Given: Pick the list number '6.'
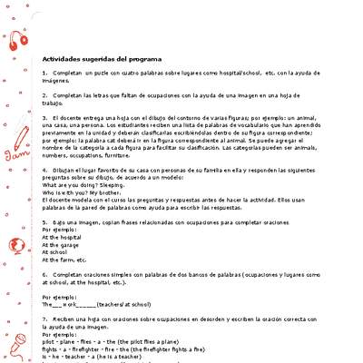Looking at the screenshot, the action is (x=45, y=273).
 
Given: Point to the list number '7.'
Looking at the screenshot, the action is (x=45, y=319).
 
